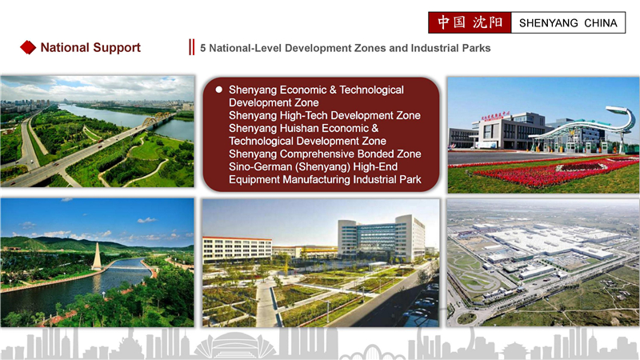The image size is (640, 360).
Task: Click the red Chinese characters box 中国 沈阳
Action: [470, 23]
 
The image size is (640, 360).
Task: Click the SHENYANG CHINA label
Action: [568, 23]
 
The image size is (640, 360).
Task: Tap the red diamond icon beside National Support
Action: [28, 48]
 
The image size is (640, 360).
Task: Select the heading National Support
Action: [90, 48]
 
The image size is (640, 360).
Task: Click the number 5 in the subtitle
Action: [203, 48]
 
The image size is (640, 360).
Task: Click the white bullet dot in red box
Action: [218, 90]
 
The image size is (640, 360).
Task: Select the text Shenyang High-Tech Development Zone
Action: [324, 116]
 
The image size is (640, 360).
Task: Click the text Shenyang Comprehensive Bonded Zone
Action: [325, 154]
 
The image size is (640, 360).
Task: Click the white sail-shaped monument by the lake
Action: [96, 257]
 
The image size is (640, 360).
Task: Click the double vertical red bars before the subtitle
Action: [191, 48]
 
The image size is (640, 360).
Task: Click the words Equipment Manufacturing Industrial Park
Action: [325, 179]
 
